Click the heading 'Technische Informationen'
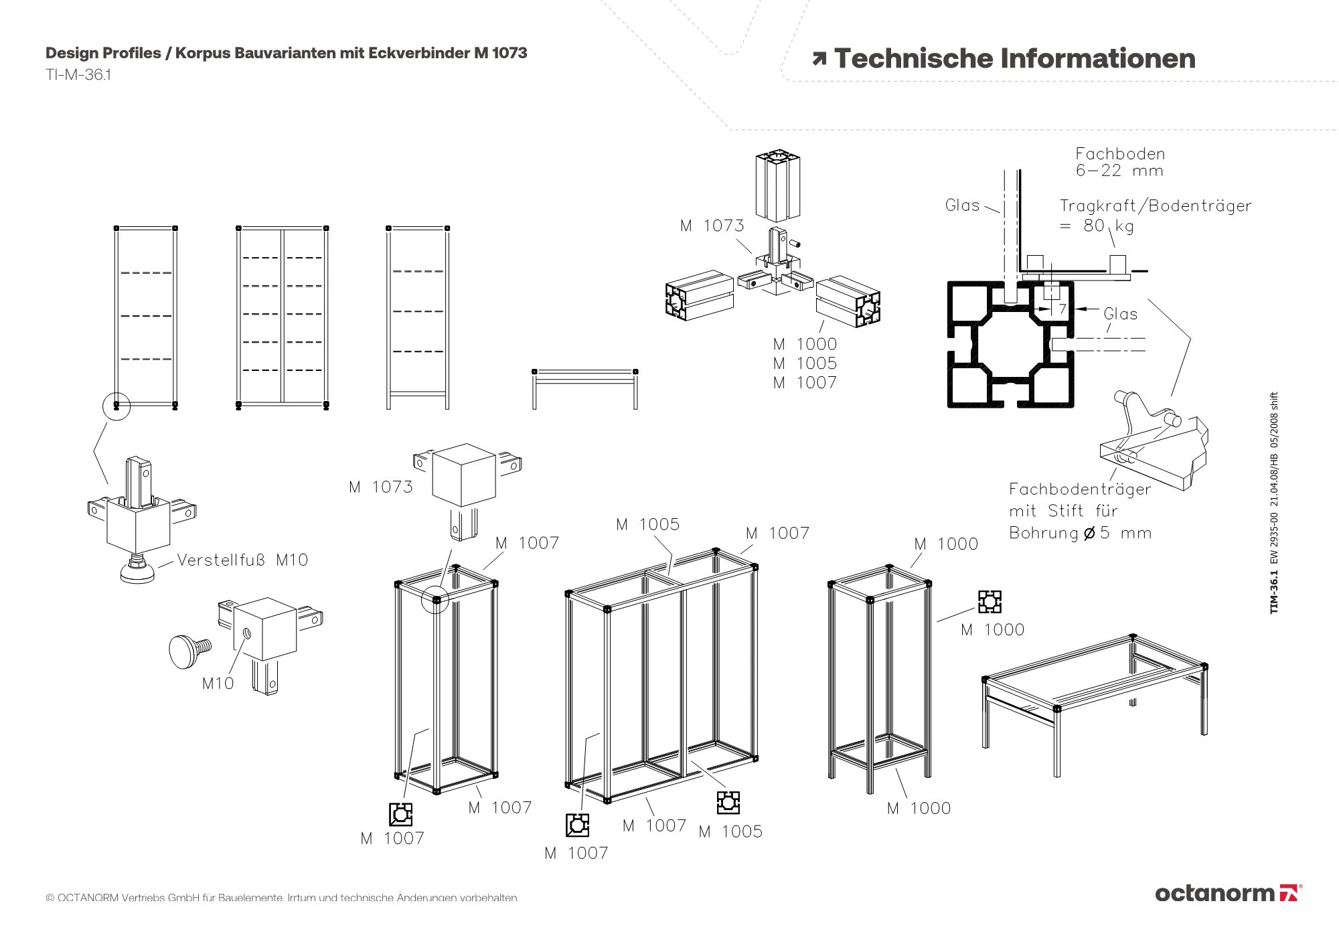[1014, 59]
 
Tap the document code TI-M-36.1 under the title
[78, 75]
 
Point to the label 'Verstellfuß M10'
[242, 560]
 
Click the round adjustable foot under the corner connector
[137, 572]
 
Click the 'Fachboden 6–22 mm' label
[1119, 162]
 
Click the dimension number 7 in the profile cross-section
[1062, 309]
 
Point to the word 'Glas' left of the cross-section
[962, 206]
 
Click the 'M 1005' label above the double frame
[647, 524]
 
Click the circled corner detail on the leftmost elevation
[116, 406]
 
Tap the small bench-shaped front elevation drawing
[584, 388]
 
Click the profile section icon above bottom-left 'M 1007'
[400, 814]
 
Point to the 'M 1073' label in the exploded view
[712, 226]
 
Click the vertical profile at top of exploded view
[778, 185]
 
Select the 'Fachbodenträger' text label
[1079, 489]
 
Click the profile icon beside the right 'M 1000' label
[990, 602]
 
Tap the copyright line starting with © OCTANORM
[282, 898]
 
